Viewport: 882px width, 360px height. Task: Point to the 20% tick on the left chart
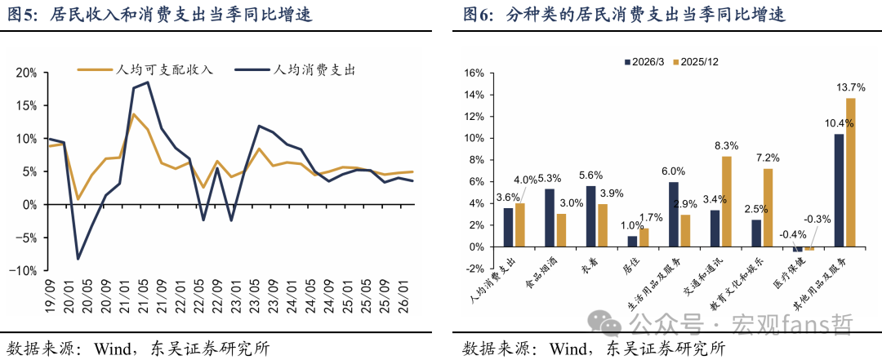pos(26,73)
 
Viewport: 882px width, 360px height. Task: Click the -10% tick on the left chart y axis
pos(24,270)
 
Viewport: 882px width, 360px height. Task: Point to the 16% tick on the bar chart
pos(474,73)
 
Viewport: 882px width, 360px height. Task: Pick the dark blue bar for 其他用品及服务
pos(839,190)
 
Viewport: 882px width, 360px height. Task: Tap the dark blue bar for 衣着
pos(590,216)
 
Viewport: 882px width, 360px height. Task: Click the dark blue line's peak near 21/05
pos(147,82)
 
